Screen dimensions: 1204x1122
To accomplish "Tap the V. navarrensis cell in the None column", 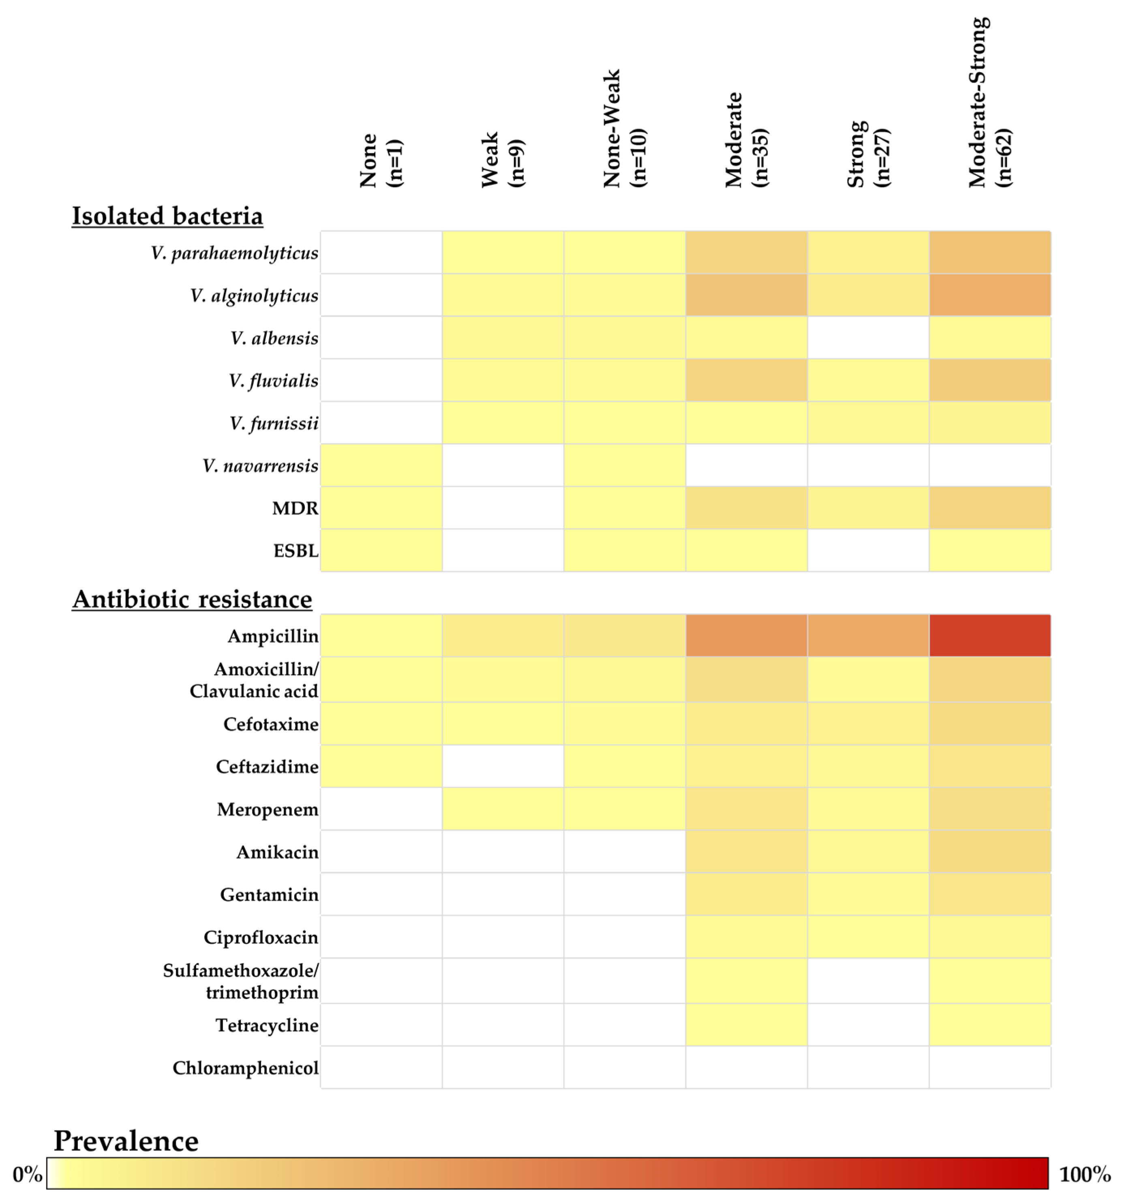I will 381,465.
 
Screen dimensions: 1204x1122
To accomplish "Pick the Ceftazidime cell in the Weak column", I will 503,766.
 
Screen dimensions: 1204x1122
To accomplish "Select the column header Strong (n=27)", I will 868,154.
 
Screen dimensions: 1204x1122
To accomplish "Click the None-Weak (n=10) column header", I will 624,129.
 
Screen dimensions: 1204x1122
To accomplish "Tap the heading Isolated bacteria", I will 167,216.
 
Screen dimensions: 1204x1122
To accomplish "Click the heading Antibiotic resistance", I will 192,599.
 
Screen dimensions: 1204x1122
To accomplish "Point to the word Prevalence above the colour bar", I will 126,1141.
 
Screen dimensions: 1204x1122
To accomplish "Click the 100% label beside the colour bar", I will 1084,1174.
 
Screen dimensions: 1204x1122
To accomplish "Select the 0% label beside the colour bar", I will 27,1174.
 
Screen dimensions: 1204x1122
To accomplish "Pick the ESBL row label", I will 295,551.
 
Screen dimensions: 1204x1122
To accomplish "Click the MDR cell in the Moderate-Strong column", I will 989,508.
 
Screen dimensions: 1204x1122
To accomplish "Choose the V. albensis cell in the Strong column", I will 868,337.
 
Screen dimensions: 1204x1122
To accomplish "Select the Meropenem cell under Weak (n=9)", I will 503,808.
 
